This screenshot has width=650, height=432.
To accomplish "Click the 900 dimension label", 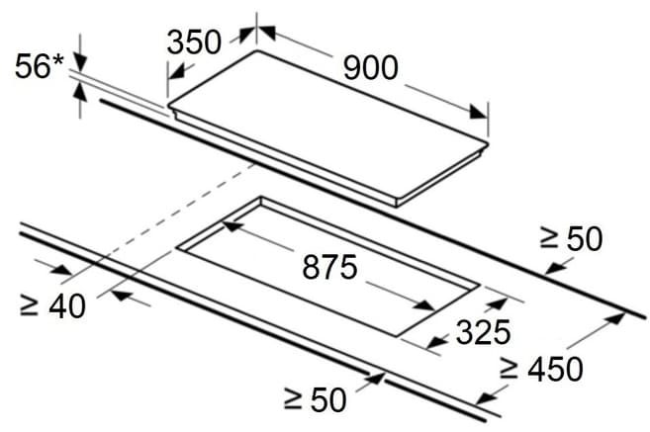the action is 371,67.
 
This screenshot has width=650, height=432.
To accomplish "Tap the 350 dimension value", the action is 194,42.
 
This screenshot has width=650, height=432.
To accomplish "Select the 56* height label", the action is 40,66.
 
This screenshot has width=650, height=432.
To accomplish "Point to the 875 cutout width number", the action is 330,267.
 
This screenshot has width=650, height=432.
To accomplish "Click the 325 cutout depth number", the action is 484,332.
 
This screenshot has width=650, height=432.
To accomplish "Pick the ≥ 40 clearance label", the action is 52,305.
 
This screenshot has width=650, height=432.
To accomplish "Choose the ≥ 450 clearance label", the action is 541,369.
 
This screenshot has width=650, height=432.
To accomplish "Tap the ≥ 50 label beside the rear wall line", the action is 571,238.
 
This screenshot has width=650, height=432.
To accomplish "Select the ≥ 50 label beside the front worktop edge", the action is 315,399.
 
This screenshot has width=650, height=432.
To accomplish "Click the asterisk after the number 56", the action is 58,61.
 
